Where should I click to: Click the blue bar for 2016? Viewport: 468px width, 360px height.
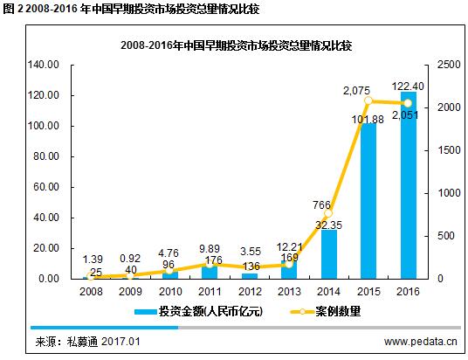(x=409, y=185)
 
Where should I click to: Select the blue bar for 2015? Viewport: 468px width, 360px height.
(x=368, y=201)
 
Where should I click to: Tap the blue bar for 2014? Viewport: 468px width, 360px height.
(x=329, y=254)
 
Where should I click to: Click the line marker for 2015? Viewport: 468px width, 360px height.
(x=368, y=101)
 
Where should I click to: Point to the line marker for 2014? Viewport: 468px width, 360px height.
(x=328, y=213)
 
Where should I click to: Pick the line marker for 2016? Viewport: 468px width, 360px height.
(x=408, y=103)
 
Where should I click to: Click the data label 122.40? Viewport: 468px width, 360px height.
(x=408, y=87)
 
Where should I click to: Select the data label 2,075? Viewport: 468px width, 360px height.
(x=356, y=91)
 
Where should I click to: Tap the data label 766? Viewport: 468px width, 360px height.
(x=321, y=205)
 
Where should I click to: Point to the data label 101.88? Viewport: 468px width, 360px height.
(x=368, y=120)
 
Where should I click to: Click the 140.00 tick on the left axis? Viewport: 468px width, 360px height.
(x=44, y=65)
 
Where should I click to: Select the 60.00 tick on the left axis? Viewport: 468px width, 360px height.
(x=46, y=187)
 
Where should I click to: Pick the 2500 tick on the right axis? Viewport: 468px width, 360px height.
(x=449, y=65)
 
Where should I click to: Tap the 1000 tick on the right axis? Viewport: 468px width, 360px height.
(x=449, y=193)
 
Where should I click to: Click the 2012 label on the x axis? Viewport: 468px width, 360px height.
(x=250, y=292)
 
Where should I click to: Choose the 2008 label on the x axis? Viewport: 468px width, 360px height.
(x=91, y=292)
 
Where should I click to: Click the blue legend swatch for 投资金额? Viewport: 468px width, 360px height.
(x=146, y=312)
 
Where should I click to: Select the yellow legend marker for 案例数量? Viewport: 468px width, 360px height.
(x=302, y=312)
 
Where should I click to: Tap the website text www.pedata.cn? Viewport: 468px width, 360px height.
(x=421, y=342)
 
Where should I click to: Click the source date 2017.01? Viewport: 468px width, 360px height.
(x=120, y=342)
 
